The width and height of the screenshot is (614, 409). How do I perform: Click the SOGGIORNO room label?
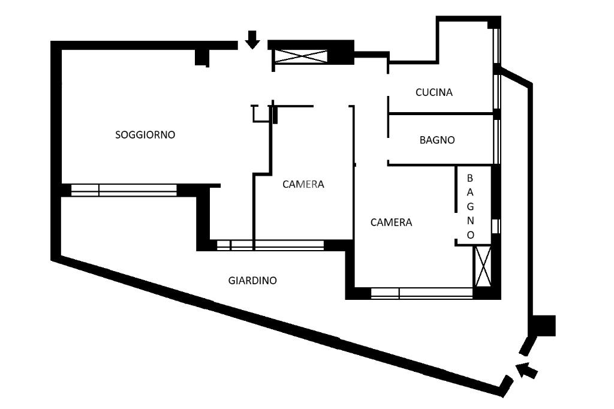click(x=145, y=135)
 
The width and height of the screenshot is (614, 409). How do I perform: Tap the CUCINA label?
click(x=434, y=92)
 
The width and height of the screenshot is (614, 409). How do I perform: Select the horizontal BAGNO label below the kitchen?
click(x=437, y=140)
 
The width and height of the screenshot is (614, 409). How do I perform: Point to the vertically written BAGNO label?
click(x=470, y=206)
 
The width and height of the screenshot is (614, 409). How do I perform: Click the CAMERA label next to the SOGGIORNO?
click(x=303, y=184)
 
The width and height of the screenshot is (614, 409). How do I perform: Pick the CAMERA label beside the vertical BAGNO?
click(x=391, y=222)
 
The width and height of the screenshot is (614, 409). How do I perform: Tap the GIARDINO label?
click(x=252, y=281)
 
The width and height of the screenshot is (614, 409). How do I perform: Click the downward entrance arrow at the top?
click(x=252, y=40)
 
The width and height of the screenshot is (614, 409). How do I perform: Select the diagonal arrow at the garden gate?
click(x=526, y=370)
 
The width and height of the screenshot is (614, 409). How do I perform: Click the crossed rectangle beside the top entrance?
click(x=301, y=56)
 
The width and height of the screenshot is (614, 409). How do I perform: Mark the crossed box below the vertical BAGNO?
click(x=483, y=266)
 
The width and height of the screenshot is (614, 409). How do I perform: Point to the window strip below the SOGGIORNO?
click(x=124, y=190)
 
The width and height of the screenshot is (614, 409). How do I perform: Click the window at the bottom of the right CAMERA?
click(x=422, y=293)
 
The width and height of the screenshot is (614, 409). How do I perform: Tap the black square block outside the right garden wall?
click(x=545, y=326)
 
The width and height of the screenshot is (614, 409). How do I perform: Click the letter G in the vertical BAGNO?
click(x=470, y=206)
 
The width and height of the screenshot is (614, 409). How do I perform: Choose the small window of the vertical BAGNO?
click(x=496, y=227)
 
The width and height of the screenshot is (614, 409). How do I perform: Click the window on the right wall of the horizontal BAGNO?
click(x=496, y=142)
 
